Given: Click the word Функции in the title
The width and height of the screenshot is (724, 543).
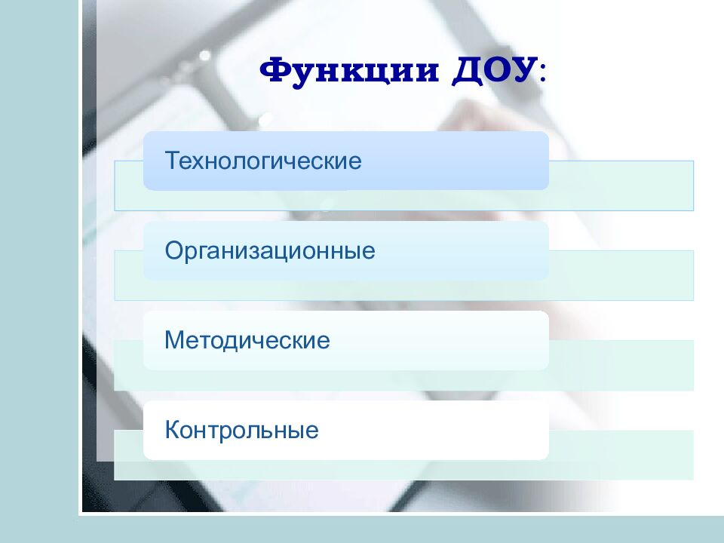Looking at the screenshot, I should click(x=351, y=72).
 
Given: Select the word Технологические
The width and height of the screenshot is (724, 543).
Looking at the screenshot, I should click(x=264, y=161).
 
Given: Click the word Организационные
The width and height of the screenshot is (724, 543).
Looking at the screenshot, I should click(x=270, y=250).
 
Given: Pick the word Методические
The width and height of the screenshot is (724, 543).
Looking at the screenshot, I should click(x=247, y=340).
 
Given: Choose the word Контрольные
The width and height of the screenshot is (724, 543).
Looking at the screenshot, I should click(x=241, y=431).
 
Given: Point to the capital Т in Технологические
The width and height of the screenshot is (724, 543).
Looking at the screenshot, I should click(x=172, y=161).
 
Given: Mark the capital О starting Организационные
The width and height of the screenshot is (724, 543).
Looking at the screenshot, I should click(x=173, y=250).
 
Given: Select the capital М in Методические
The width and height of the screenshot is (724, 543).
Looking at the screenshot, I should click(x=174, y=340).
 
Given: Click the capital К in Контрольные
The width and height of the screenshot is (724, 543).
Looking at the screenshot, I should click(x=172, y=431).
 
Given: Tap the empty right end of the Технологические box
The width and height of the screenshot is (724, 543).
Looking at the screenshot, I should click(x=490, y=161).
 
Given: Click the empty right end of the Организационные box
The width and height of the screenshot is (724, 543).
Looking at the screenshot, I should click(x=490, y=250).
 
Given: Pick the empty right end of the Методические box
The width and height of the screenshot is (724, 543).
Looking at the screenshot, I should click(x=490, y=340).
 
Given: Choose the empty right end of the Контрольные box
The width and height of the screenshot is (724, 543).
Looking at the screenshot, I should click(x=490, y=431).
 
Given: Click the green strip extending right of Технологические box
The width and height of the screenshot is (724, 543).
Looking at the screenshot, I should click(x=622, y=185).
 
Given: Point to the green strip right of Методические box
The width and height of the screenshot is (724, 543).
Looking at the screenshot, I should click(x=622, y=365).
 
